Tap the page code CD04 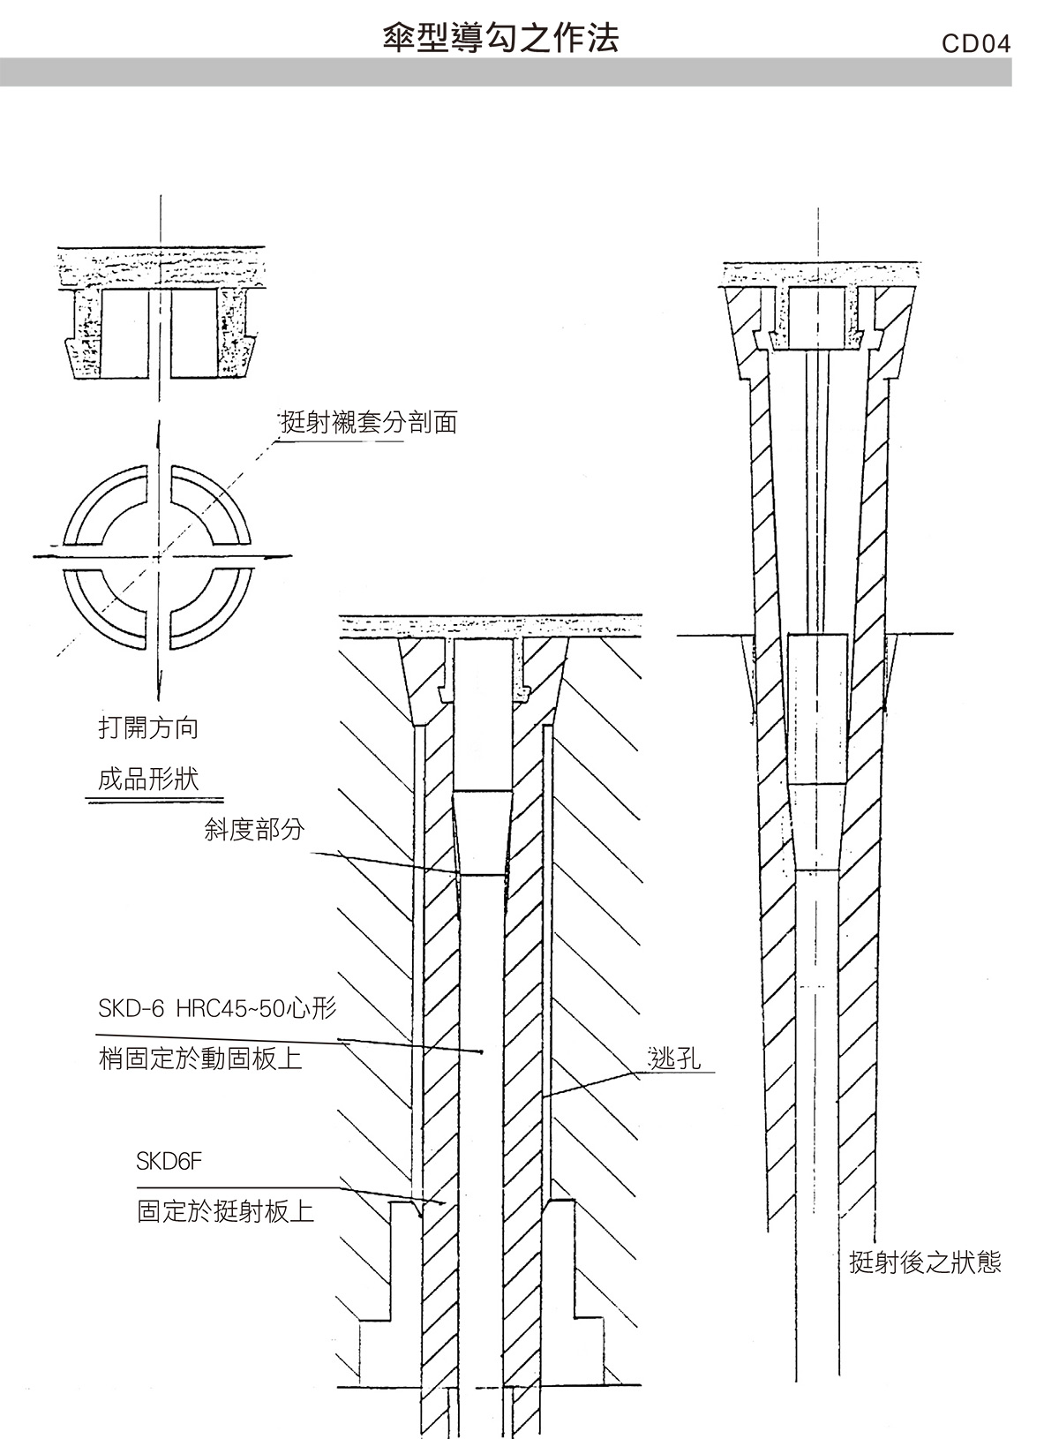tap(976, 43)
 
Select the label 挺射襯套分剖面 tap(369, 423)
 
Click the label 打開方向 tap(148, 727)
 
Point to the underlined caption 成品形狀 tap(148, 780)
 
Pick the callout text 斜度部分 tap(254, 829)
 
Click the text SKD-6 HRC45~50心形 tap(217, 1008)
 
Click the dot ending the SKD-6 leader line tap(481, 1051)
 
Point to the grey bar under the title tap(506, 72)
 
